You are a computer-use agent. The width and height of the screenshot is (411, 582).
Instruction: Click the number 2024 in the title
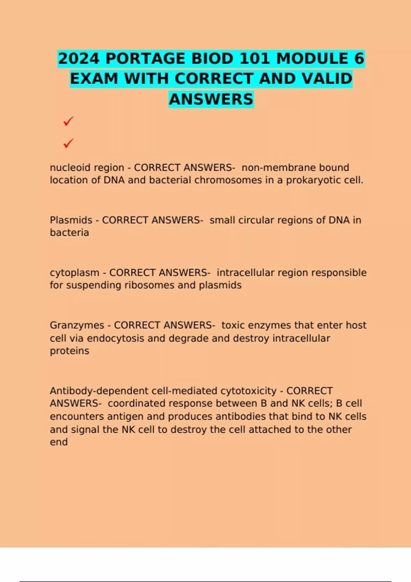79,59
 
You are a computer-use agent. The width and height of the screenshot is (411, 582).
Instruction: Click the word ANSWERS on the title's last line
211,99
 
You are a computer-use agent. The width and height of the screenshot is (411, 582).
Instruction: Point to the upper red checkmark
68,121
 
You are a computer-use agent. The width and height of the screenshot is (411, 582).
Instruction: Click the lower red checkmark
68,143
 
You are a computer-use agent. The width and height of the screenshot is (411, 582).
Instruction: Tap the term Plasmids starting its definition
71,220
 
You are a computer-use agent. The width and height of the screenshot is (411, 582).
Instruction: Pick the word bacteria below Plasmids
69,233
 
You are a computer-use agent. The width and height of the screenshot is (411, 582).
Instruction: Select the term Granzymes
77,325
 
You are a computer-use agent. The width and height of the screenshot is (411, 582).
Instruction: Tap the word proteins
69,351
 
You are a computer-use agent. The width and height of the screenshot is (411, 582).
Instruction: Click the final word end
59,442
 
